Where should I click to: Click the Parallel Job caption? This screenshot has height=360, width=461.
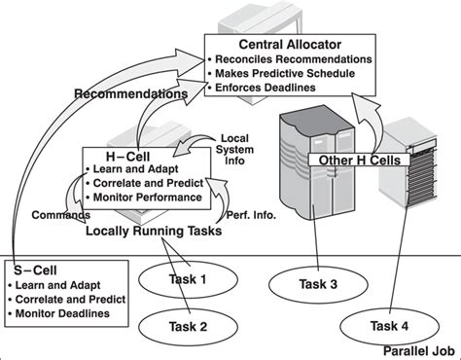click(x=419, y=351)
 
